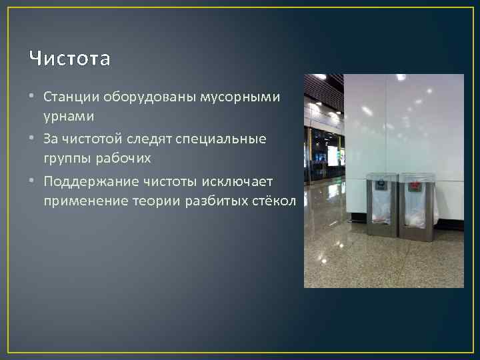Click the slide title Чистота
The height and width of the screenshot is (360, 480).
[x=70, y=59]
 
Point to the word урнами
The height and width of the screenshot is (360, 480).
[x=69, y=116]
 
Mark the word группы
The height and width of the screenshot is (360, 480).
[x=67, y=158]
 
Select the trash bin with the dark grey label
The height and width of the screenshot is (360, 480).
[x=382, y=207]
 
